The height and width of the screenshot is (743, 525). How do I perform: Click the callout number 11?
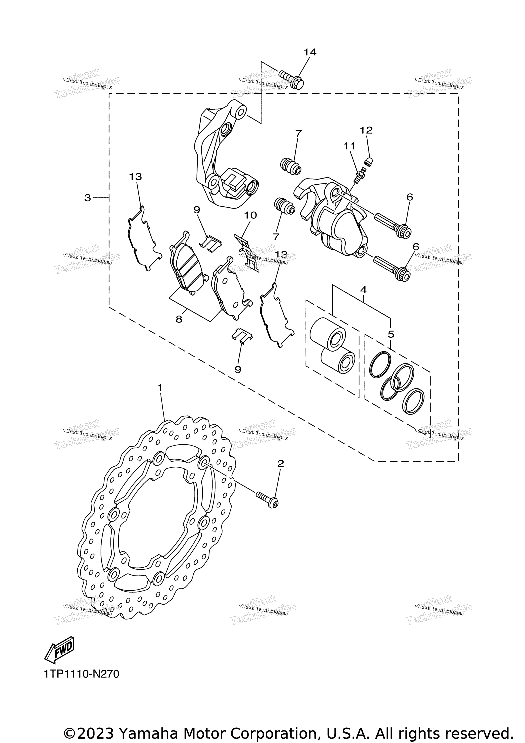coord(349,146)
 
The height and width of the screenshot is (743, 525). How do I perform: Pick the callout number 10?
coord(250,215)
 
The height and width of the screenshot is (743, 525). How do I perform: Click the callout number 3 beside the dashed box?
coord(87,198)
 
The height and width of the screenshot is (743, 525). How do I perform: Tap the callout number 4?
coord(363,290)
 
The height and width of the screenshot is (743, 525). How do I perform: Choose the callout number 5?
coord(391,334)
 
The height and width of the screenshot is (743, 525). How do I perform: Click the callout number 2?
coord(280,463)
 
